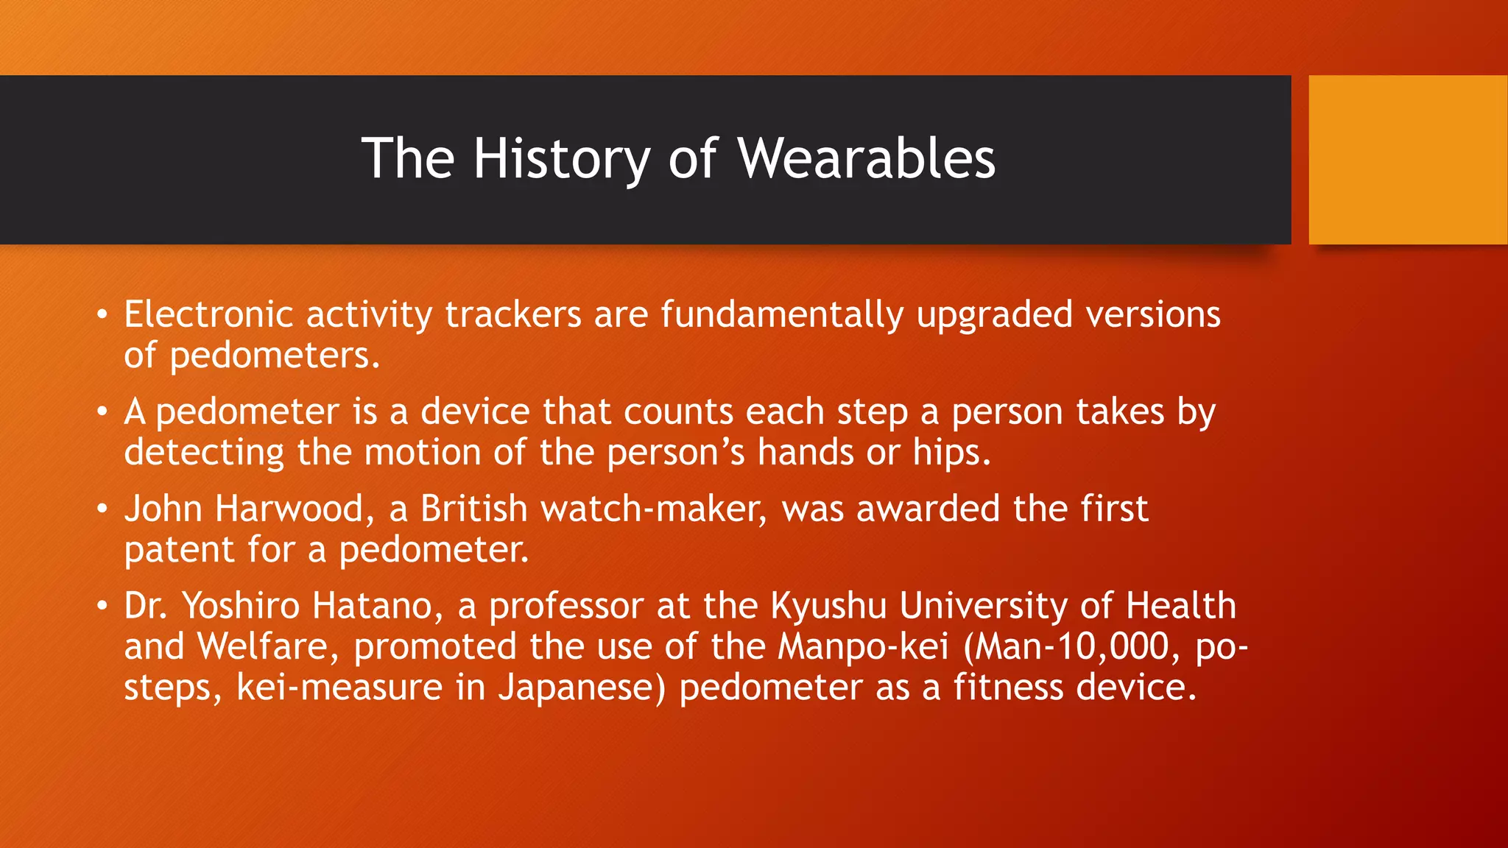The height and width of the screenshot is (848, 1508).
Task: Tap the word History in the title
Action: [x=562, y=158]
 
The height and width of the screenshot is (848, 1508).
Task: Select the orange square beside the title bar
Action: [x=1407, y=160]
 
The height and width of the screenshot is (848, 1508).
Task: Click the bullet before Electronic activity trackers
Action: [x=102, y=316]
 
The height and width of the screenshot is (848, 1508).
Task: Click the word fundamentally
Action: [x=781, y=315]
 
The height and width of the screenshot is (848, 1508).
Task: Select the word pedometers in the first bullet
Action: [x=274, y=356]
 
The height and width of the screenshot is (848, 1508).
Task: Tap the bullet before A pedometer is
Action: [x=102, y=412]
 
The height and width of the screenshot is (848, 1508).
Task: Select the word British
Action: [x=474, y=509]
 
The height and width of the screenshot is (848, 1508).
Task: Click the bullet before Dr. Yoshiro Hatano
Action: [x=102, y=607]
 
